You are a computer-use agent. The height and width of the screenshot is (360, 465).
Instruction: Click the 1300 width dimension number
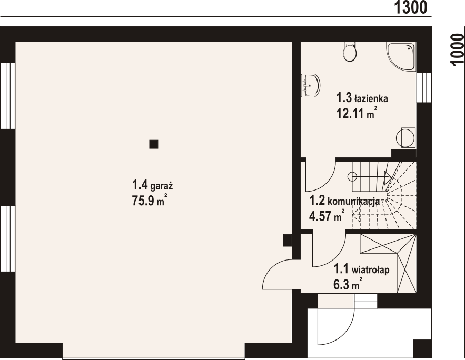point(411,7)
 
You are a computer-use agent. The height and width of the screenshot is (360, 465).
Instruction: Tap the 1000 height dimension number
point(457,49)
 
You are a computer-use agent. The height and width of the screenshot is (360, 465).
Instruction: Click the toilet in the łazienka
point(349,52)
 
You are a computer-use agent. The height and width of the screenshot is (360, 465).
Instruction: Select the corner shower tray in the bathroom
point(401,56)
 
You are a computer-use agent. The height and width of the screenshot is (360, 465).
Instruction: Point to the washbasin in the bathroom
point(310,85)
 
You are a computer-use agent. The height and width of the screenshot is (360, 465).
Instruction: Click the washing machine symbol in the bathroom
point(405,137)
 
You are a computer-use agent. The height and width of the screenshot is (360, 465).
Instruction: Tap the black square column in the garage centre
point(154,144)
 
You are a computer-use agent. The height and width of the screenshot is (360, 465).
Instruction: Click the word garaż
point(162,186)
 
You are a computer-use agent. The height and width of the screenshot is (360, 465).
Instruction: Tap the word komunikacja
point(353,202)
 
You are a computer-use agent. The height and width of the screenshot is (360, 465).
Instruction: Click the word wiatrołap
point(370,270)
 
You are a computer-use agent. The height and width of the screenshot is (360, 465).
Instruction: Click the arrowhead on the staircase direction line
point(388,177)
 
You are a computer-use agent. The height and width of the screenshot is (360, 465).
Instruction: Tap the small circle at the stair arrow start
point(352,177)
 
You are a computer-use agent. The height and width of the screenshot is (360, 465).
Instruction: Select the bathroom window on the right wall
point(424,88)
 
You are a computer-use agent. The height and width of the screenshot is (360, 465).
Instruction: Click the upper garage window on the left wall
point(7,96)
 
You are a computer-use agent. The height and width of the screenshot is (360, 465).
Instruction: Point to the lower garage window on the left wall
point(7,238)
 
